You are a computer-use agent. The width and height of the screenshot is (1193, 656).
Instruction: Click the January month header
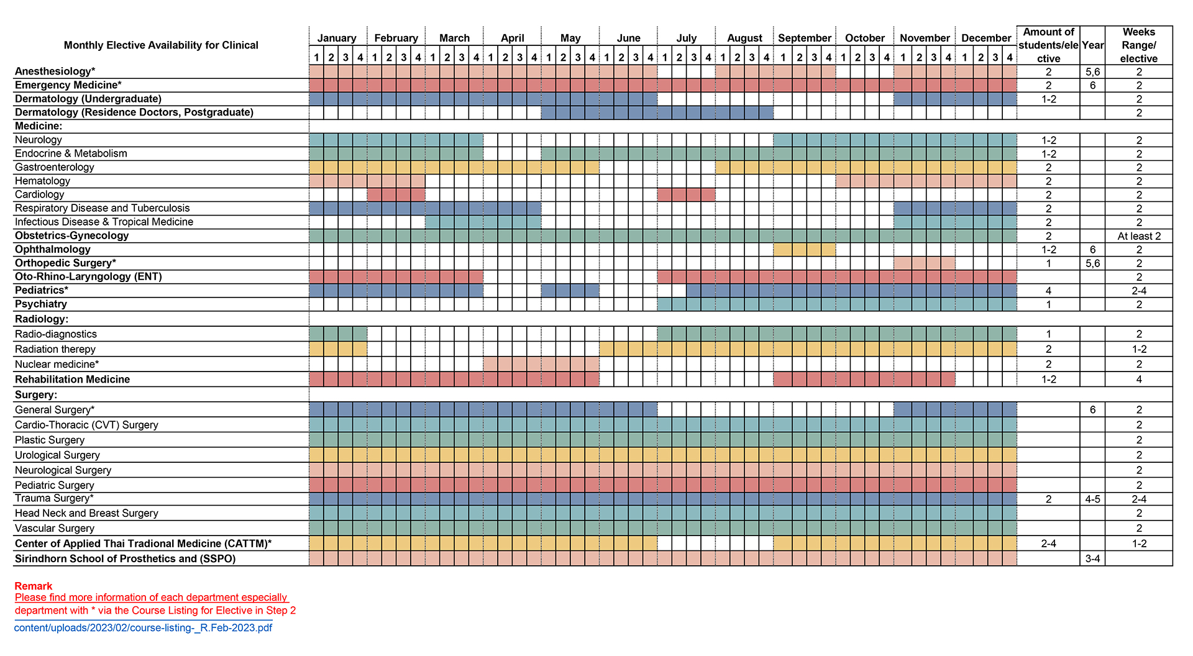pyautogui.click(x=337, y=38)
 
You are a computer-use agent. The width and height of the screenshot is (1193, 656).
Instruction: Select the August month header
pyautogui.click(x=744, y=38)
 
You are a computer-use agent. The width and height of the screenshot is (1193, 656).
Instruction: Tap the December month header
pyautogui.click(x=986, y=38)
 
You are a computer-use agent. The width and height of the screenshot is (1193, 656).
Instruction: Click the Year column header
pyautogui.click(x=1092, y=45)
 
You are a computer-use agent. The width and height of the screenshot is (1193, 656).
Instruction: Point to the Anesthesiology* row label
pyautogui.click(x=55, y=71)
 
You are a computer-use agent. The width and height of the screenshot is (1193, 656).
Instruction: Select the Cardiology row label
pyautogui.click(x=39, y=194)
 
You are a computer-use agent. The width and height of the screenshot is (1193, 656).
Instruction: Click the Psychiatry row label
pyautogui.click(x=41, y=304)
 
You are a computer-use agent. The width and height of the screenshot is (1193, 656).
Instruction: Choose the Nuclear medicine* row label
pyautogui.click(x=57, y=364)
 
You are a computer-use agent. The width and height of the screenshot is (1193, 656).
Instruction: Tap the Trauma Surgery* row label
pyautogui.click(x=54, y=498)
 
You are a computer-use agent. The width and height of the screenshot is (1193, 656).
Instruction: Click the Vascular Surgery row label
pyautogui.click(x=55, y=528)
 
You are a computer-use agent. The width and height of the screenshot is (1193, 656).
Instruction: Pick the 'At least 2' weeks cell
pyautogui.click(x=1138, y=236)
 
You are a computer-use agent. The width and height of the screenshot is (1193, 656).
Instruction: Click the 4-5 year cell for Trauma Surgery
pyautogui.click(x=1092, y=499)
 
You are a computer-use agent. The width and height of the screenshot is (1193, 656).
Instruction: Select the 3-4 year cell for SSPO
pyautogui.click(x=1092, y=558)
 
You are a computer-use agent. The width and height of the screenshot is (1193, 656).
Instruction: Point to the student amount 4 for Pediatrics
pyautogui.click(x=1048, y=291)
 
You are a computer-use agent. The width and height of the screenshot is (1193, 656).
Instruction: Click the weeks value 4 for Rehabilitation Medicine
pyautogui.click(x=1138, y=380)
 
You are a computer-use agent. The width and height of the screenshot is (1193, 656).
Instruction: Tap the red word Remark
pyautogui.click(x=34, y=586)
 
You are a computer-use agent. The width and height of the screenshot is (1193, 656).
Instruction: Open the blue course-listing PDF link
pyautogui.click(x=143, y=627)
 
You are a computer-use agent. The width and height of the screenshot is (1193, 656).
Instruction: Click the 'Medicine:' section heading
pyautogui.click(x=39, y=126)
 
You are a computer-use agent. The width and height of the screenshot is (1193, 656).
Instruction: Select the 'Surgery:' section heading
pyautogui.click(x=36, y=394)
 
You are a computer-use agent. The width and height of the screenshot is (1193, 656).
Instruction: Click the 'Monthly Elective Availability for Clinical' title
pyautogui.click(x=161, y=45)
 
